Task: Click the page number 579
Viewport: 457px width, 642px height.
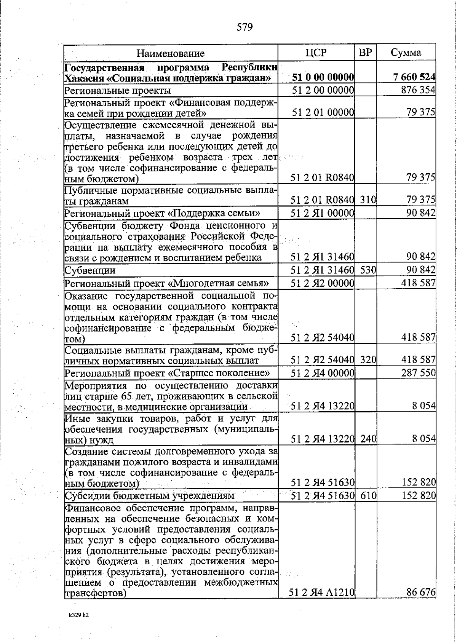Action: point(244,27)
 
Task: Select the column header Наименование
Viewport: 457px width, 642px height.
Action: point(171,53)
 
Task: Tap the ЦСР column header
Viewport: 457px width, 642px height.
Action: point(316,53)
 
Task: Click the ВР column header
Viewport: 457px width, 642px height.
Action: point(365,53)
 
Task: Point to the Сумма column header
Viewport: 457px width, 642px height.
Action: point(406,53)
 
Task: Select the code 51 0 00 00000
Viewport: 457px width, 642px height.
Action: point(323,77)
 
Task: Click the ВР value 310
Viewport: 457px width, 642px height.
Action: point(368,200)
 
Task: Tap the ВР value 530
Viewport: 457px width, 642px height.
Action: point(368,270)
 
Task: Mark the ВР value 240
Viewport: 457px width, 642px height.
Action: point(368,439)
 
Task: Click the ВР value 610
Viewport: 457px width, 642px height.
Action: point(368,496)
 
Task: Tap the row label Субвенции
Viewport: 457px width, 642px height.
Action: point(90,271)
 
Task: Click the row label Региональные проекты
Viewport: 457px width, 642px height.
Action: point(117,91)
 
